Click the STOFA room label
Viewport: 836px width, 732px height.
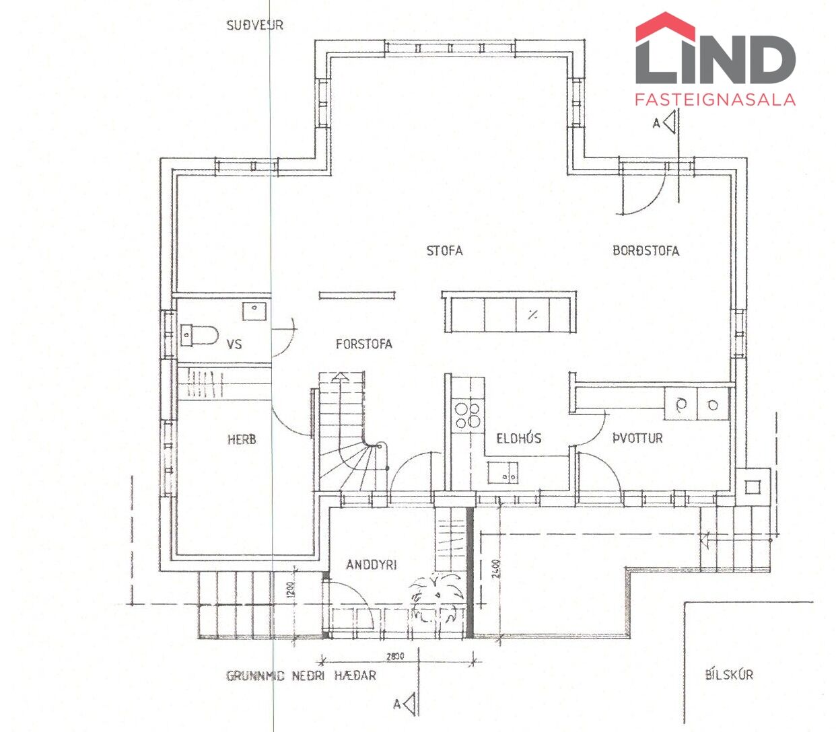[x=444, y=251]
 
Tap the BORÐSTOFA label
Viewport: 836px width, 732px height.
[x=646, y=251]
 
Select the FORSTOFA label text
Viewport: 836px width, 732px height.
[x=363, y=344]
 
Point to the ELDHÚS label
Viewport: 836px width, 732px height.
[x=519, y=439]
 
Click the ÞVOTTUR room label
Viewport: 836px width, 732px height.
[x=637, y=439]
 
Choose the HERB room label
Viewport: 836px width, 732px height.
[x=242, y=440]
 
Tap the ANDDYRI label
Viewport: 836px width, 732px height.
[x=372, y=564]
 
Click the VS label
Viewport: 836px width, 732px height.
[x=234, y=344]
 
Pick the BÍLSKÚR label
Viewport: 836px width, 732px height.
[x=729, y=674]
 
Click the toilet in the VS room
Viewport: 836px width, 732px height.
[x=200, y=334]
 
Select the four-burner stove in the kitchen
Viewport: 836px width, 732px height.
[x=468, y=414]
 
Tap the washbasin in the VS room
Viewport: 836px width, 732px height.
[x=255, y=310]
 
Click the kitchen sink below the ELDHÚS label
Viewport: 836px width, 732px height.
[x=503, y=473]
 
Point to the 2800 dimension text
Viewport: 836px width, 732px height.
[x=395, y=656]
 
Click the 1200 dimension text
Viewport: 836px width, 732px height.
[x=287, y=589]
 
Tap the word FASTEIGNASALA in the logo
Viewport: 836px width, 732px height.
[x=715, y=100]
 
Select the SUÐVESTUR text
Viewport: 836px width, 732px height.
[x=254, y=26]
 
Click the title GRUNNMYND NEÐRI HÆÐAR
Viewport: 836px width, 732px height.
[x=301, y=675]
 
